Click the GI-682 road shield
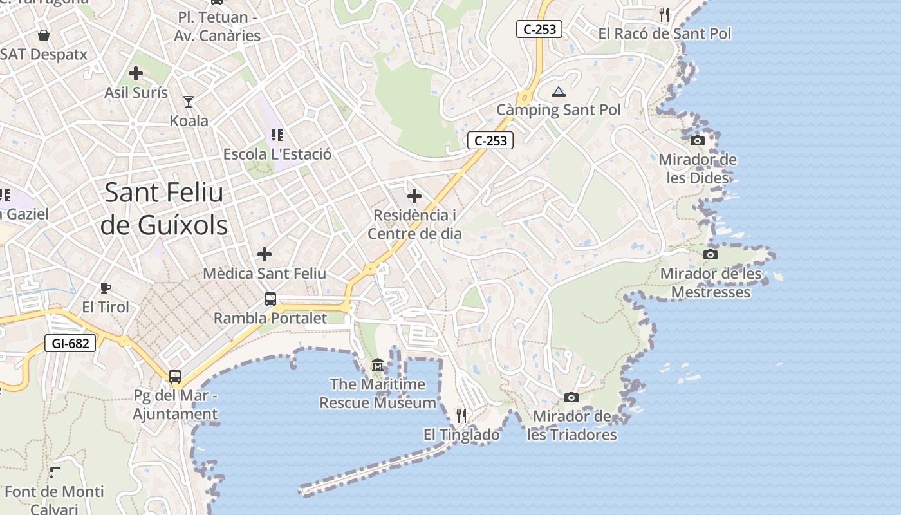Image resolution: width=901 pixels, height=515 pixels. pyautogui.click(x=70, y=343)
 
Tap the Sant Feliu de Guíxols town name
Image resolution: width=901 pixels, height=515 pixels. pyautogui.click(x=164, y=209)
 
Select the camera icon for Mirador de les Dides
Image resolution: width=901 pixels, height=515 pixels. pyautogui.click(x=697, y=140)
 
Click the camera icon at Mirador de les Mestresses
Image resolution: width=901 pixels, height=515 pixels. pyautogui.click(x=710, y=254)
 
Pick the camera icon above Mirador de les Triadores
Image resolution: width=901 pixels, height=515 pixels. pyautogui.click(x=571, y=398)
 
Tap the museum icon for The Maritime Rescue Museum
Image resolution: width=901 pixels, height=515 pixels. pyautogui.click(x=377, y=366)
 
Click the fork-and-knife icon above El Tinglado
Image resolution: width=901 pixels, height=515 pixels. pyautogui.click(x=461, y=415)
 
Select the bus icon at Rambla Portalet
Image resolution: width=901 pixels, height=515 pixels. pyautogui.click(x=270, y=299)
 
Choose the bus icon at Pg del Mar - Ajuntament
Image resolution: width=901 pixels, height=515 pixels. pyautogui.click(x=175, y=376)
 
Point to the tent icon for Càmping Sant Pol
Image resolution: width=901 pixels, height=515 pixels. pyautogui.click(x=558, y=91)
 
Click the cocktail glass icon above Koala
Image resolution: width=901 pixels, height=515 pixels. pyautogui.click(x=189, y=101)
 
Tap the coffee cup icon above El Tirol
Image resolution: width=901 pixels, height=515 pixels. pyautogui.click(x=106, y=288)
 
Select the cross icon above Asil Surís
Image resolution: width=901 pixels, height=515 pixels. pyautogui.click(x=136, y=73)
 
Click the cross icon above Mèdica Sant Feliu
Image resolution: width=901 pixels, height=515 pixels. pyautogui.click(x=264, y=254)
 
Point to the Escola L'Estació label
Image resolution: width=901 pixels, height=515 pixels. pyautogui.click(x=277, y=154)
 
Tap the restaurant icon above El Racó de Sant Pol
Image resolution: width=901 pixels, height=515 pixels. pyautogui.click(x=664, y=14)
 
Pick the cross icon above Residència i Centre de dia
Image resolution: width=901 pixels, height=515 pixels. pyautogui.click(x=414, y=196)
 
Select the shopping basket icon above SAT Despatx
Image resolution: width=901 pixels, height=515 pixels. pyautogui.click(x=43, y=35)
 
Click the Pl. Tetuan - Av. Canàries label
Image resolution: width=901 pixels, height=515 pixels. pyautogui.click(x=218, y=26)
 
